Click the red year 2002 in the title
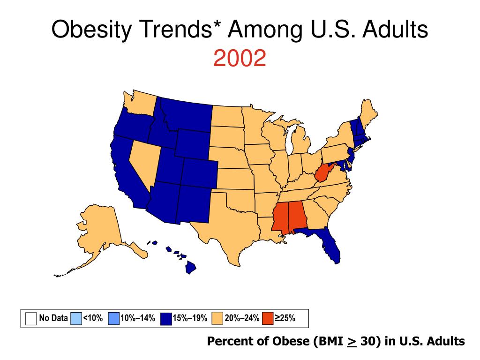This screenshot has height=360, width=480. [x=240, y=59]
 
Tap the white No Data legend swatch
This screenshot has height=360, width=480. [x=31, y=319]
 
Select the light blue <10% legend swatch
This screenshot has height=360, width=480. [x=75, y=319]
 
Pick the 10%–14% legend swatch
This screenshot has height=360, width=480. [x=113, y=319]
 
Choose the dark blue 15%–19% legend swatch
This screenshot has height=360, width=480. [x=166, y=319]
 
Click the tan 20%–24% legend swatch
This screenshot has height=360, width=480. [x=217, y=319]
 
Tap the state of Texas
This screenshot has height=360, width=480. [x=230, y=225]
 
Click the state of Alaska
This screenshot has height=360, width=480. [x=98, y=230]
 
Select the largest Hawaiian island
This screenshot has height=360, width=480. [x=190, y=268]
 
